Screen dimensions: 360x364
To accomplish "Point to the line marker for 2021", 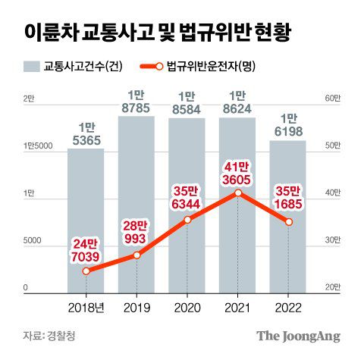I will coord(238,193).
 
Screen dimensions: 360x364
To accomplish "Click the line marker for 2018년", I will coord(86,271).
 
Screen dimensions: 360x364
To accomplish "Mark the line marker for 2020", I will coord(187,220).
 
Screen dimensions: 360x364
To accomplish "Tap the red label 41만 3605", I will coord(238,171).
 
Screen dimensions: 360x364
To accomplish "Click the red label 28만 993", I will coord(136,233).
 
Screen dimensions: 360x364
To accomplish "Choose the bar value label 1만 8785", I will coord(136,102).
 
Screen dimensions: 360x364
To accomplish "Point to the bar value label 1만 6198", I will coord(288,126).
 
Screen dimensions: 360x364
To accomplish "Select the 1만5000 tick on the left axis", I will coord(37,146).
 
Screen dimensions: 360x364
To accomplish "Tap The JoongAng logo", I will coord(297,336).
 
